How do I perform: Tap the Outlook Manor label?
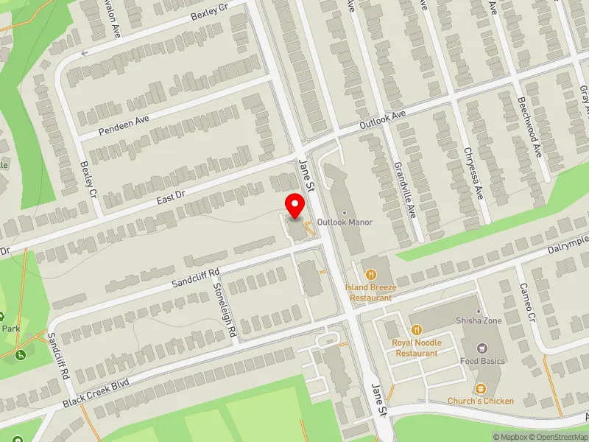click(x=345, y=222)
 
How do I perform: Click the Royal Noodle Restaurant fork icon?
click(x=417, y=330)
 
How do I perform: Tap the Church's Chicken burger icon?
click(x=480, y=388)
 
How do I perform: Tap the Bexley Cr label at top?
click(x=210, y=15)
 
